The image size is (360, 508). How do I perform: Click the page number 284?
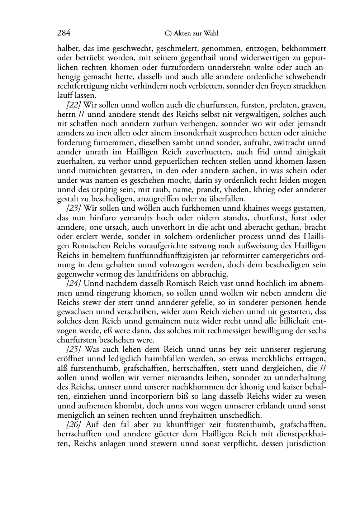(x=64, y=33)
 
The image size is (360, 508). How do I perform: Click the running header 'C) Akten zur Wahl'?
(x=191, y=34)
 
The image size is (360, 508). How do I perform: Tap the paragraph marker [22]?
(x=74, y=105)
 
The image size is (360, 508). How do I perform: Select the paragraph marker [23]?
(x=74, y=209)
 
